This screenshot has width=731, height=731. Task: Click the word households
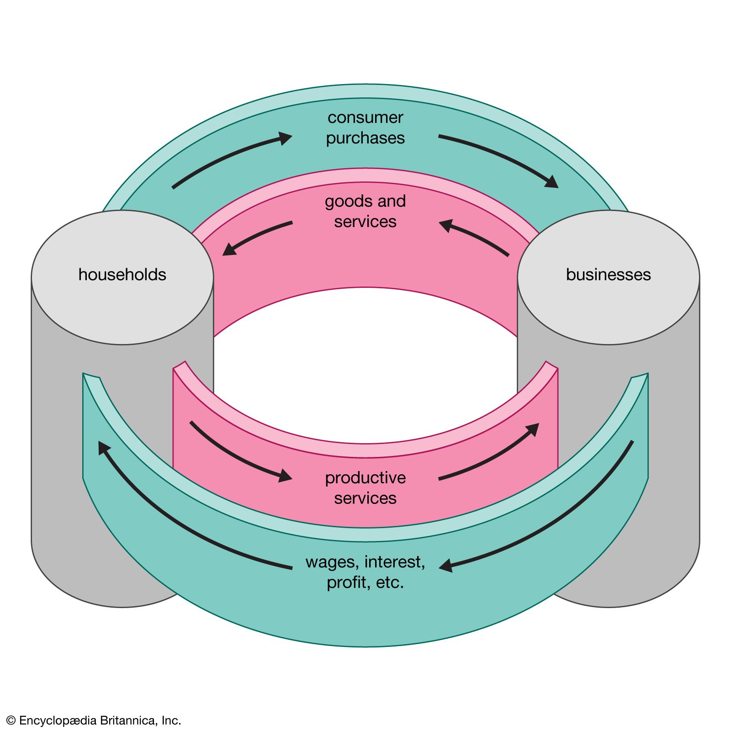point(122,275)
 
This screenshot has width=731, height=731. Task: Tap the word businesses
point(608,275)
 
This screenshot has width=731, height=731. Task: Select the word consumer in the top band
point(365,118)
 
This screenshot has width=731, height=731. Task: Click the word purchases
point(365,138)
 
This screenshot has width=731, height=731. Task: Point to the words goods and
point(365,201)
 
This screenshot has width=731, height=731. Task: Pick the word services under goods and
point(365,222)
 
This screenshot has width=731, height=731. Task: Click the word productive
point(365,478)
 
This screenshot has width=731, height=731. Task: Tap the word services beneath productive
point(365,498)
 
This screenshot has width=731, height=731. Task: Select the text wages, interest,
point(365,562)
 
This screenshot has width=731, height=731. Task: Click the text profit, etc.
point(365,583)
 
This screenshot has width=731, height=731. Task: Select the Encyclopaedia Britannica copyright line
point(94,720)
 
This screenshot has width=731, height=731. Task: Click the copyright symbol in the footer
point(11,720)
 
